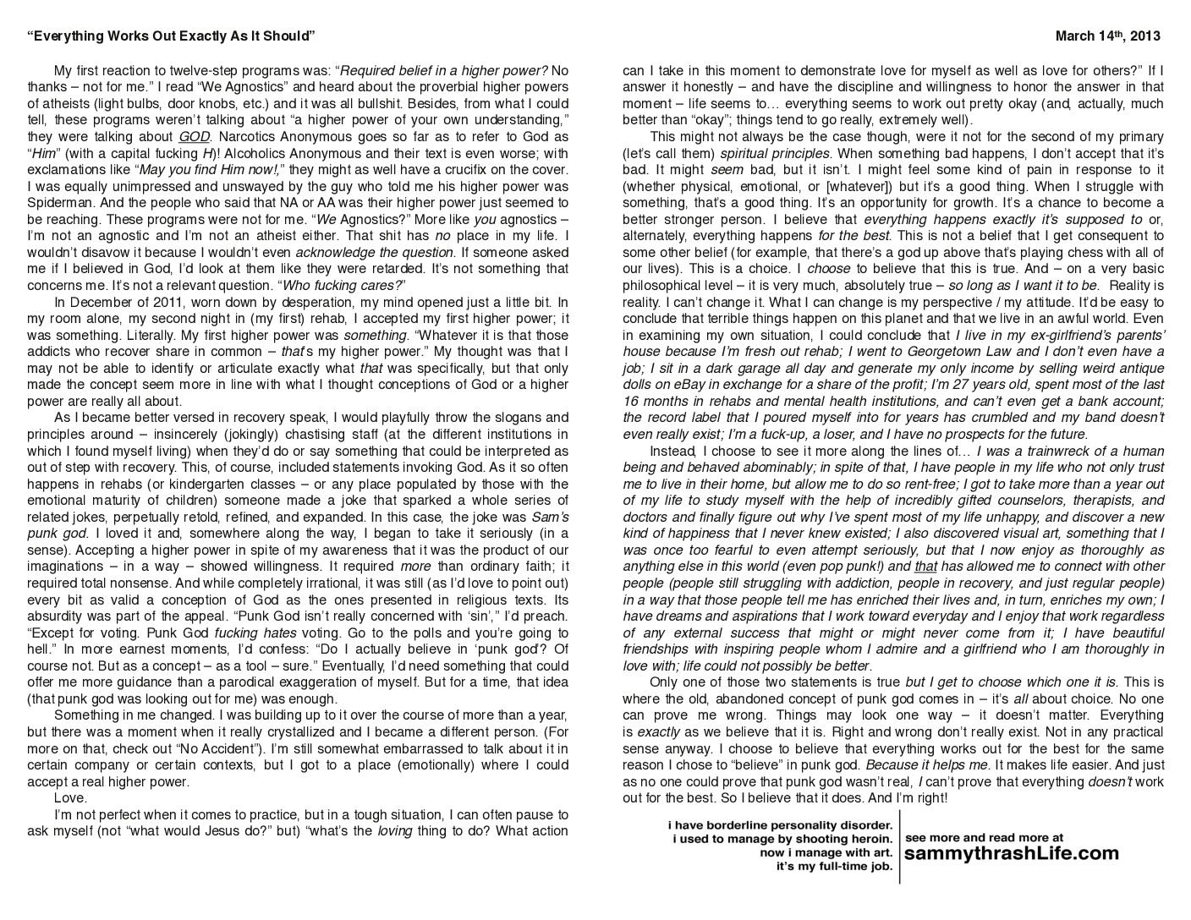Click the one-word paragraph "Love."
(70, 797)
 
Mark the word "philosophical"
(663, 285)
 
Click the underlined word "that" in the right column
(926, 567)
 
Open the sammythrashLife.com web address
(1011, 853)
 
